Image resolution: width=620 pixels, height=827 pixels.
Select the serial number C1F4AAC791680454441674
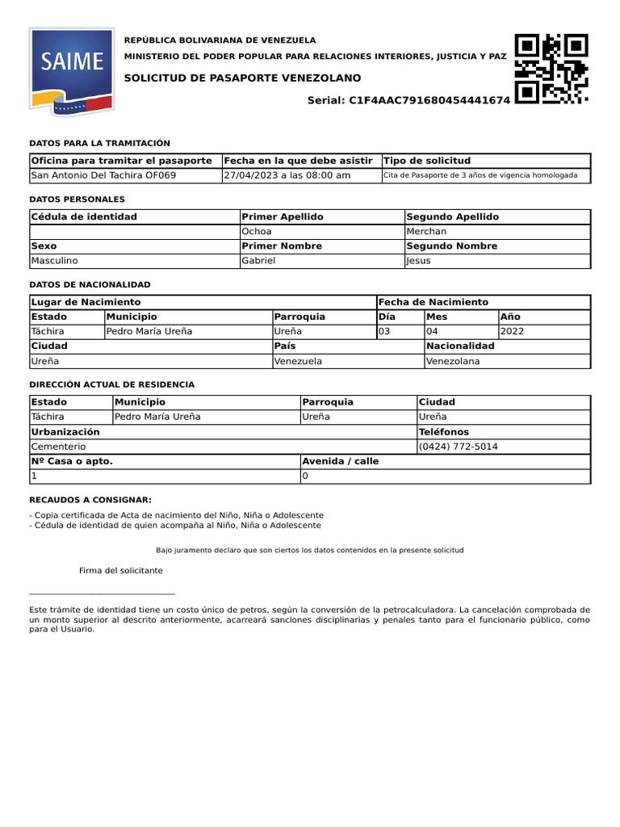click(429, 100)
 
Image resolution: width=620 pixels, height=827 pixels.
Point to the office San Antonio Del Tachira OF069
click(103, 175)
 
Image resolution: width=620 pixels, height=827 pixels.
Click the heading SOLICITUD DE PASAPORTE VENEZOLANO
click(243, 78)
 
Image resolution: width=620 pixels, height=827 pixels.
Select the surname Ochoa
click(257, 231)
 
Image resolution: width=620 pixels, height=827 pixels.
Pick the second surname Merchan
click(426, 231)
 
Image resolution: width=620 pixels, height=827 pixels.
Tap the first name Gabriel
click(258, 261)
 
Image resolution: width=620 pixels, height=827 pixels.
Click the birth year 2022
click(513, 331)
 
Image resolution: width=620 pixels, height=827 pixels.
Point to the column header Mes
click(437, 317)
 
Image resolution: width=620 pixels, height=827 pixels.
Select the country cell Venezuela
click(298, 361)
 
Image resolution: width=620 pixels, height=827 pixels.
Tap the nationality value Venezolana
click(453, 361)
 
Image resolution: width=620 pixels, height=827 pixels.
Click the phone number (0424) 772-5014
click(459, 447)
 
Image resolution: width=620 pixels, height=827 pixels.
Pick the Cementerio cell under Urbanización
click(58, 447)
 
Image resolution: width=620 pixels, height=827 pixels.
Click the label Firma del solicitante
click(121, 570)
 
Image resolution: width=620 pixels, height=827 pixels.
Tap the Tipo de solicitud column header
click(427, 161)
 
